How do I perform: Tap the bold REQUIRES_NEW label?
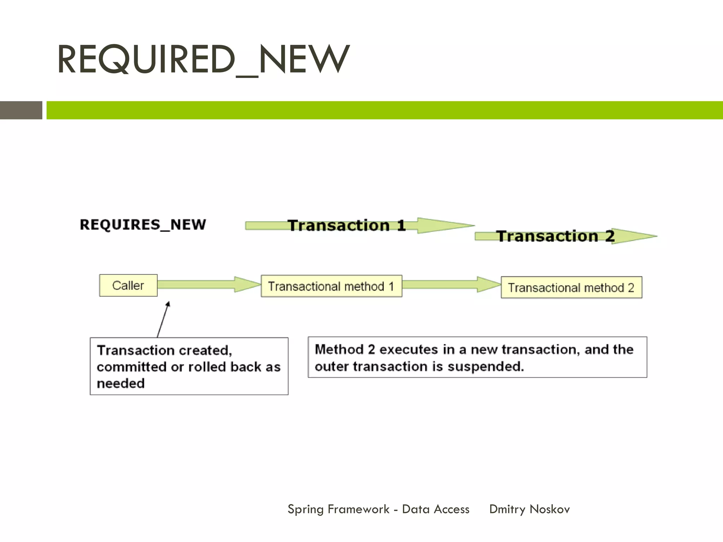click(x=143, y=225)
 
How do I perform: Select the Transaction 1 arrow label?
click(x=347, y=225)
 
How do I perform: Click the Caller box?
click(x=128, y=285)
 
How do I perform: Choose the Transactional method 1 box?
click(x=331, y=286)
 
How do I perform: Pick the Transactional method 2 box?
click(x=571, y=288)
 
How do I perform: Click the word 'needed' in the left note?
click(x=121, y=384)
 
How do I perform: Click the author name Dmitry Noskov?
click(x=529, y=509)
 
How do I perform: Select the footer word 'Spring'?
click(x=305, y=509)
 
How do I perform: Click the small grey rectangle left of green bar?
click(x=21, y=110)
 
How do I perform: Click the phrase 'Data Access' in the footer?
click(x=436, y=509)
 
